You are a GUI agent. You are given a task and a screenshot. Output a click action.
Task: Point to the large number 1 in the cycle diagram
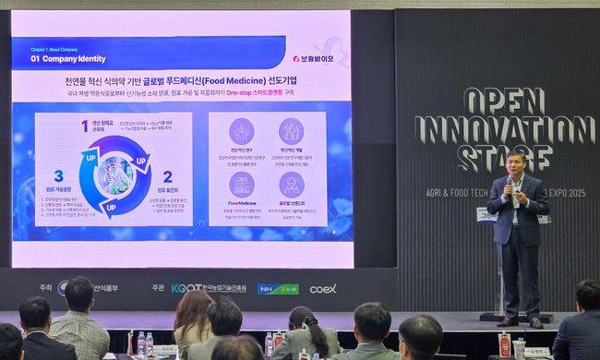[84, 126]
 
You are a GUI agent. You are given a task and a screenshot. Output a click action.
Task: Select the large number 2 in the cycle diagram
[167, 176]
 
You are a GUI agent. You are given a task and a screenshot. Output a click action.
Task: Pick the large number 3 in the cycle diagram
[58, 175]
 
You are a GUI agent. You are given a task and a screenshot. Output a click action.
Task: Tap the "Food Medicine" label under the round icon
[242, 203]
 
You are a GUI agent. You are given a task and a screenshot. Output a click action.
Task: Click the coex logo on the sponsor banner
[322, 288]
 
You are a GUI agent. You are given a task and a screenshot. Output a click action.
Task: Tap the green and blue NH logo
[277, 288]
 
